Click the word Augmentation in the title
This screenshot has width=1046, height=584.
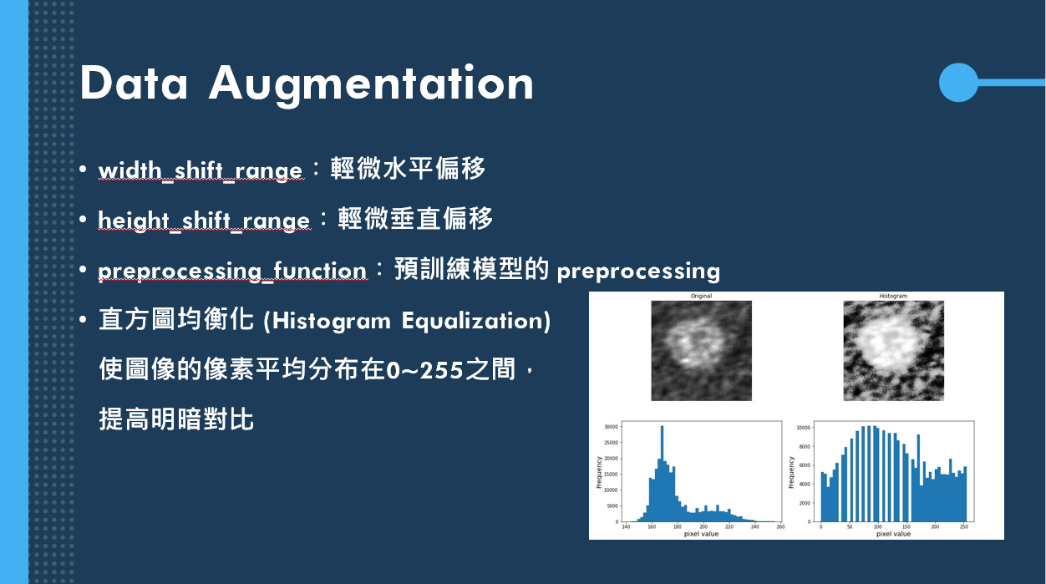pyautogui.click(x=371, y=84)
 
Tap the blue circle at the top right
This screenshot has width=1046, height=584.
pyautogui.click(x=958, y=82)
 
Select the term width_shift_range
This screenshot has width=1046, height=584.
pyautogui.click(x=201, y=170)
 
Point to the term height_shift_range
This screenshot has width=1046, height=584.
pyautogui.click(x=204, y=220)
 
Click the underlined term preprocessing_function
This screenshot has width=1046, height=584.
pyautogui.click(x=232, y=271)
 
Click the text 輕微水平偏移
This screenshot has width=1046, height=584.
pyautogui.click(x=408, y=169)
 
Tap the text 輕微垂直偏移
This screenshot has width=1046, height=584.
pyautogui.click(x=415, y=219)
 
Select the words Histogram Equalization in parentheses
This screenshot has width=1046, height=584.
pyautogui.click(x=407, y=321)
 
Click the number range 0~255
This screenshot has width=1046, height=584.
pyautogui.click(x=424, y=369)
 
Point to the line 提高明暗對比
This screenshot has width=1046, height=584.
pyautogui.click(x=176, y=419)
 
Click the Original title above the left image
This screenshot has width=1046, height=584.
pyautogui.click(x=701, y=297)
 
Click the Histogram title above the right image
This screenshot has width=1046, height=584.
pyautogui.click(x=893, y=297)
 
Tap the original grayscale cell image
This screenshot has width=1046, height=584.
pyautogui.click(x=701, y=351)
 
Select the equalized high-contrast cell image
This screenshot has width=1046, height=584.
pyautogui.click(x=893, y=351)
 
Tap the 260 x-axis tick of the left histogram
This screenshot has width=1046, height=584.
pyautogui.click(x=780, y=526)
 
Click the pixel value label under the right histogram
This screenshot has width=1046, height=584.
pyautogui.click(x=893, y=534)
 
